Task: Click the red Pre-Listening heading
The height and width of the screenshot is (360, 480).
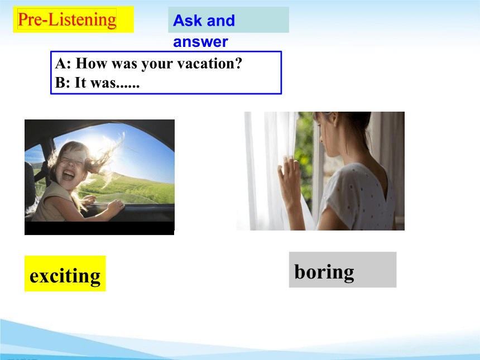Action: [67, 20]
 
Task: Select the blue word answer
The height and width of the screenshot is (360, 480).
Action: [200, 42]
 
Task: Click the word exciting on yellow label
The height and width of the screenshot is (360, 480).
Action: [65, 276]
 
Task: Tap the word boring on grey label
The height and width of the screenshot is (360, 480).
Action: [324, 271]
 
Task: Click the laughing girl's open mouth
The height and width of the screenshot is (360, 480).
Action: [68, 175]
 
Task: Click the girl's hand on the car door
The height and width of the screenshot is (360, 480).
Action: [116, 207]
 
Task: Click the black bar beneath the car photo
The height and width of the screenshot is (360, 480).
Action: [99, 228]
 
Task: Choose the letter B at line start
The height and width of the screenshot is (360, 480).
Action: [60, 83]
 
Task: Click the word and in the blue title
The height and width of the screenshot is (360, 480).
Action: [220, 21]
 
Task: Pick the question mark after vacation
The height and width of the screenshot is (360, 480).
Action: [238, 64]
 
